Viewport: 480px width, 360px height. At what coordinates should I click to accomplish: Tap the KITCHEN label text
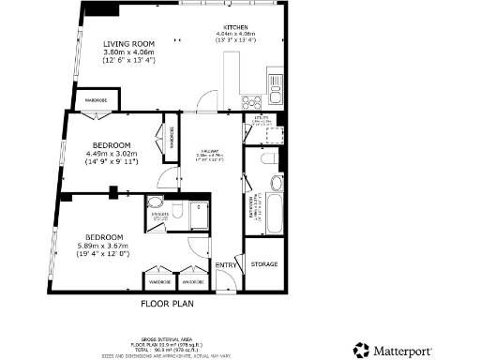click(x=235, y=28)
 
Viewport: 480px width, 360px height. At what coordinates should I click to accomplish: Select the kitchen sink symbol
click(x=275, y=95)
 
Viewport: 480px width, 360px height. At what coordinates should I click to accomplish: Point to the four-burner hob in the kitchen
click(x=252, y=101)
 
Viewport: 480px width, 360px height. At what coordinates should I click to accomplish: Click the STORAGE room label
click(x=263, y=264)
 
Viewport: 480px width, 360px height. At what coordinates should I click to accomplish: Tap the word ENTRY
click(x=227, y=266)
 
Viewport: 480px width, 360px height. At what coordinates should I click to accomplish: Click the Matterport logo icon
click(x=361, y=350)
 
